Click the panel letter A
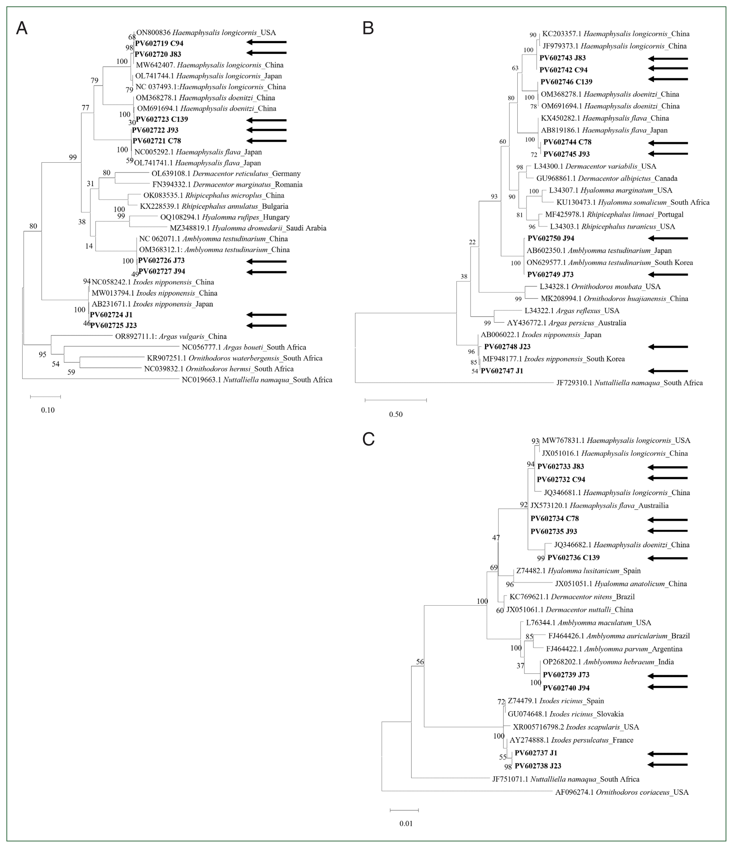tap(22, 29)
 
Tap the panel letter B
tap(368, 29)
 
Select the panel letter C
tap(369, 439)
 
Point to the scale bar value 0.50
tap(396, 414)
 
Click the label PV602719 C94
tap(159, 43)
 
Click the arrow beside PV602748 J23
tap(668, 347)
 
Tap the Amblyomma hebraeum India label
tap(608, 662)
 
